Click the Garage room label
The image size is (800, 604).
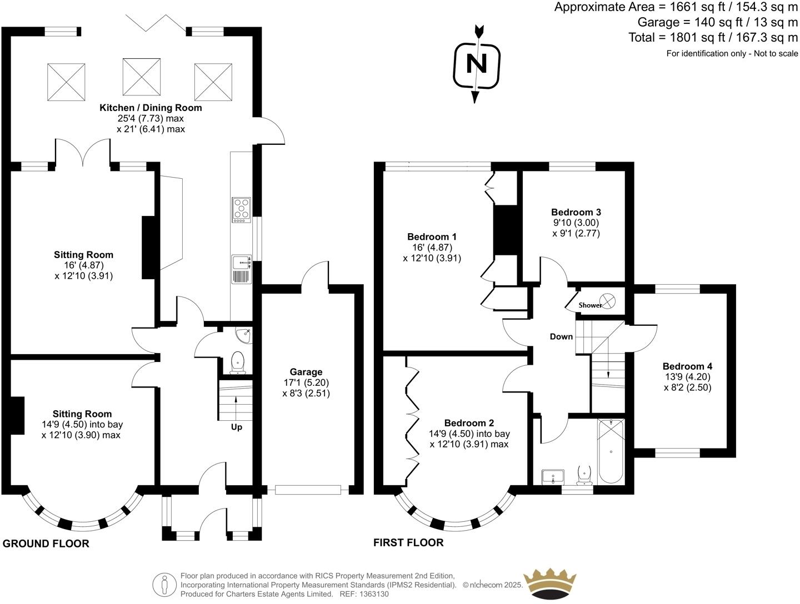pos(306,372)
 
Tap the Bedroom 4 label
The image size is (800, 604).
pos(687,366)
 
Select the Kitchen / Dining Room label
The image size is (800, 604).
pos(151,108)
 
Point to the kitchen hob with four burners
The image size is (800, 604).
pos(241,210)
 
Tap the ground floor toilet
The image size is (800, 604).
pos(238,361)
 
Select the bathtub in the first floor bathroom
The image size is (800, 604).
pos(611,452)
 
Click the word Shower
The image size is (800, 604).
pos(590,305)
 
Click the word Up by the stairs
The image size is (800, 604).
pos(237,427)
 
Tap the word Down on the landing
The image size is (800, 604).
pos(561,336)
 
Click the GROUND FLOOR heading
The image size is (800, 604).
pos(46,543)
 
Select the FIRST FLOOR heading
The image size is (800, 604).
pos(408,542)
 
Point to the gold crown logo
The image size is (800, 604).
pos(551,585)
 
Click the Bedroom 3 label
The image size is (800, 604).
pos(576,212)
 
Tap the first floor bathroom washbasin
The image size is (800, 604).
pos(553,476)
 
